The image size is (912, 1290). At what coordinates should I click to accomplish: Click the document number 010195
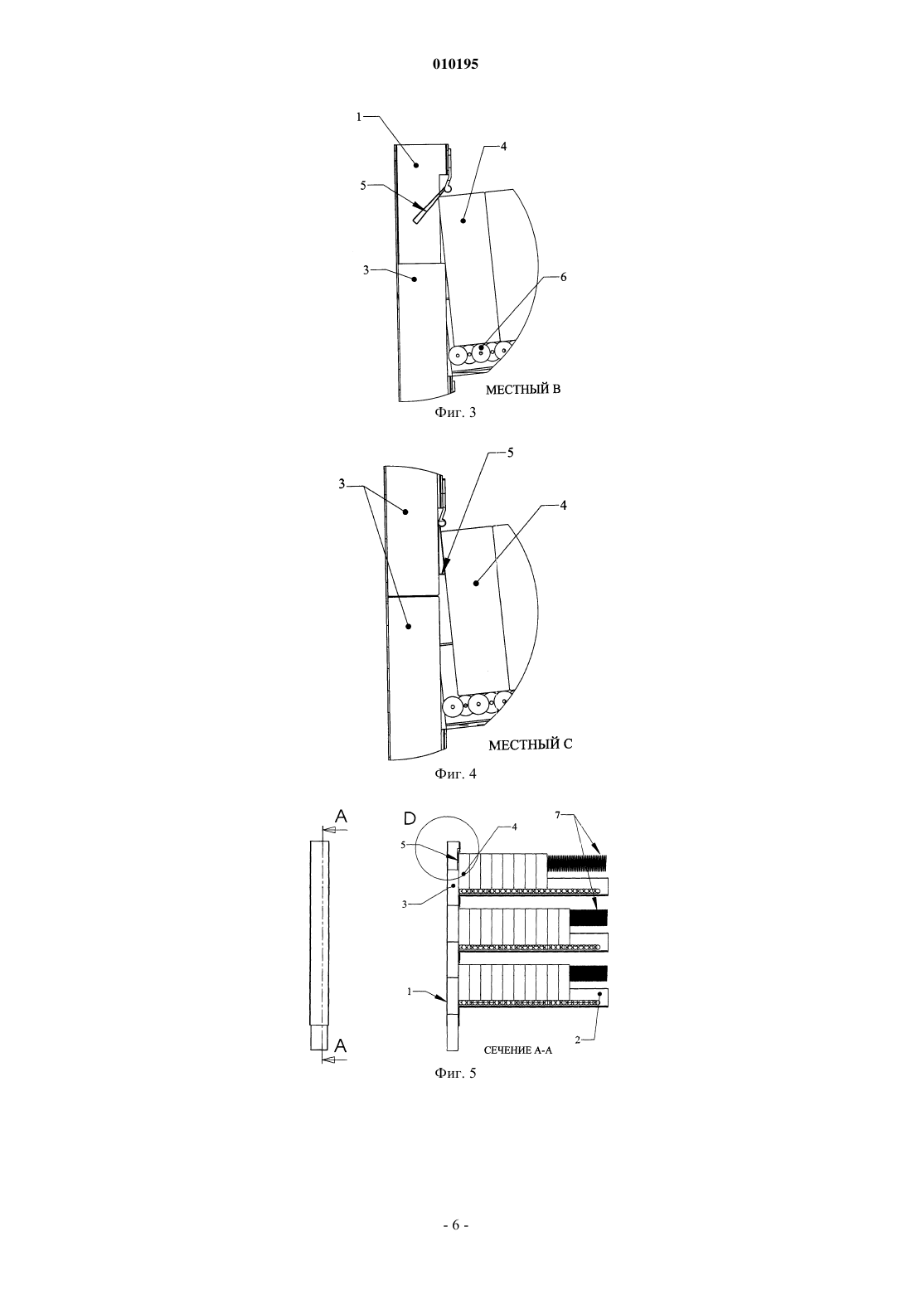455,64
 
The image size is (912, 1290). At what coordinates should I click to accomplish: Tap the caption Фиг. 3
455,412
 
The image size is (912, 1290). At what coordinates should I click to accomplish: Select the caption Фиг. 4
455,774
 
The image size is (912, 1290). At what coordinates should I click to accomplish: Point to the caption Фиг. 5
455,1073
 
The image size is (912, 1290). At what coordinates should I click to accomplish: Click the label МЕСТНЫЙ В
523,390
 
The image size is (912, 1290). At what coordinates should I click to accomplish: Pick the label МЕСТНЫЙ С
531,744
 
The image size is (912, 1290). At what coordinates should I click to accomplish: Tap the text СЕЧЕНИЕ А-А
517,1050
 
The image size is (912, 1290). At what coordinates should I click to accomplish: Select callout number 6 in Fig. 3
563,277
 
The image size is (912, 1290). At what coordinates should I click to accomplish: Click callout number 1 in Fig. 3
359,117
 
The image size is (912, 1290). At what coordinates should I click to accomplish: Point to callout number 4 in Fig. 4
563,505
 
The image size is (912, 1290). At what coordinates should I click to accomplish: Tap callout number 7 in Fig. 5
557,815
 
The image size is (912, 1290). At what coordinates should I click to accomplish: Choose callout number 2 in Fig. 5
578,1040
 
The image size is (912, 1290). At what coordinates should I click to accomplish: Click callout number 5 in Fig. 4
510,453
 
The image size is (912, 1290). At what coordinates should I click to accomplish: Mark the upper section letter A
341,816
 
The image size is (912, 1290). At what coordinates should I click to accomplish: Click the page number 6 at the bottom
455,1225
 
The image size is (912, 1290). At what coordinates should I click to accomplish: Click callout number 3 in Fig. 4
342,484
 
